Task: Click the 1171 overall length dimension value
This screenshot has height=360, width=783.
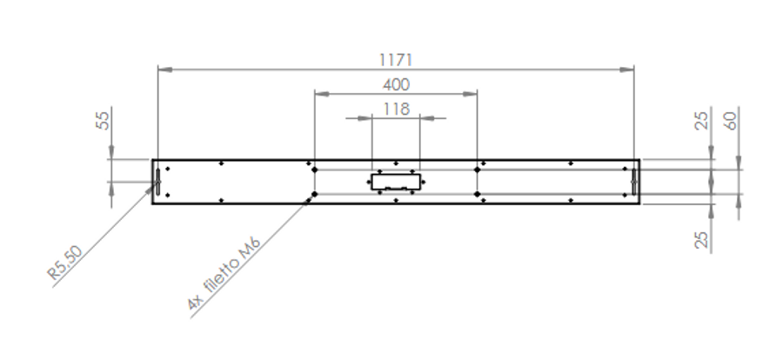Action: point(396,60)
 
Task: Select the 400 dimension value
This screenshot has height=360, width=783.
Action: point(396,84)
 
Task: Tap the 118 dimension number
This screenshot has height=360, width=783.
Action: point(396,109)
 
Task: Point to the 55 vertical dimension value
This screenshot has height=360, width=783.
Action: point(103,120)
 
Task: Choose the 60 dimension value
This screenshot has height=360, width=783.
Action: point(731,121)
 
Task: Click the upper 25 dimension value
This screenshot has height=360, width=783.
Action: point(702,121)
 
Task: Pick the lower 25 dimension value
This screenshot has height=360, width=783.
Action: point(702,239)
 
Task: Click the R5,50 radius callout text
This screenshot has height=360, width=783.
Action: point(65,262)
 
